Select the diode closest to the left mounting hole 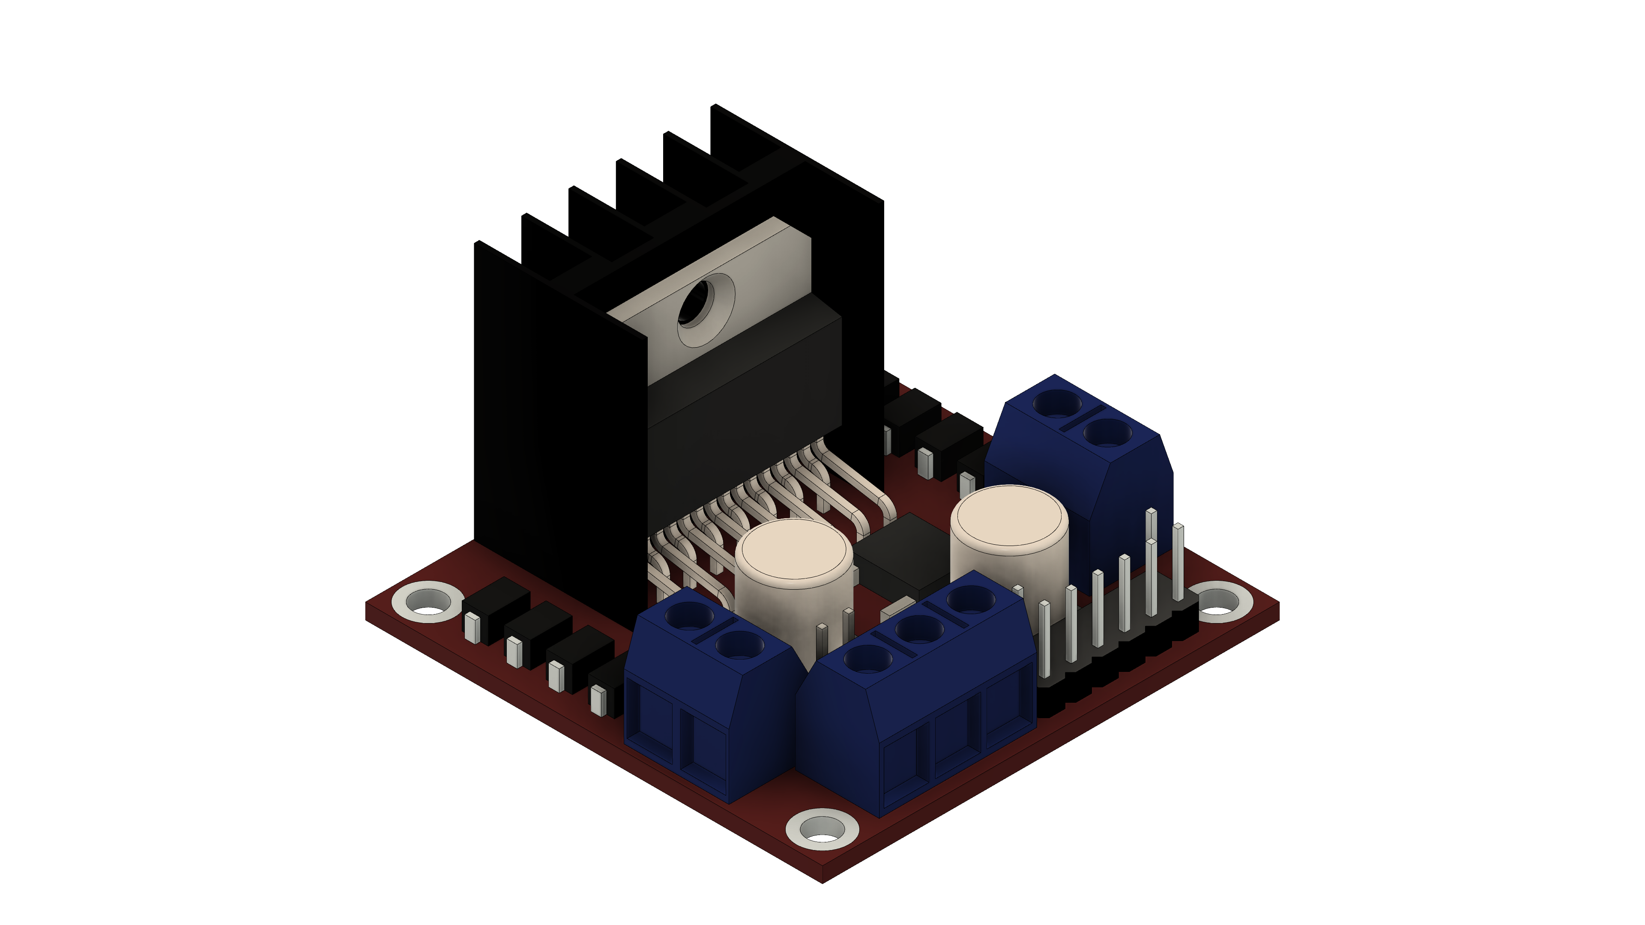(x=495, y=606)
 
